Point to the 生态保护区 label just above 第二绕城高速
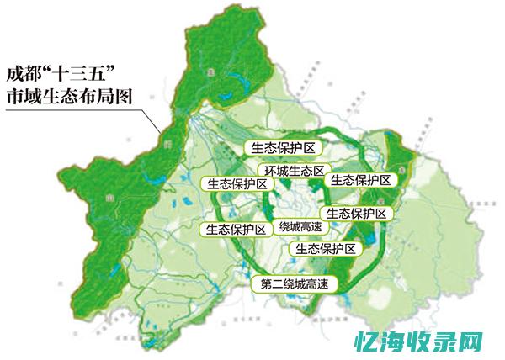pos(325,249)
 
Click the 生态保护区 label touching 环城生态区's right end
pos(360,180)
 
